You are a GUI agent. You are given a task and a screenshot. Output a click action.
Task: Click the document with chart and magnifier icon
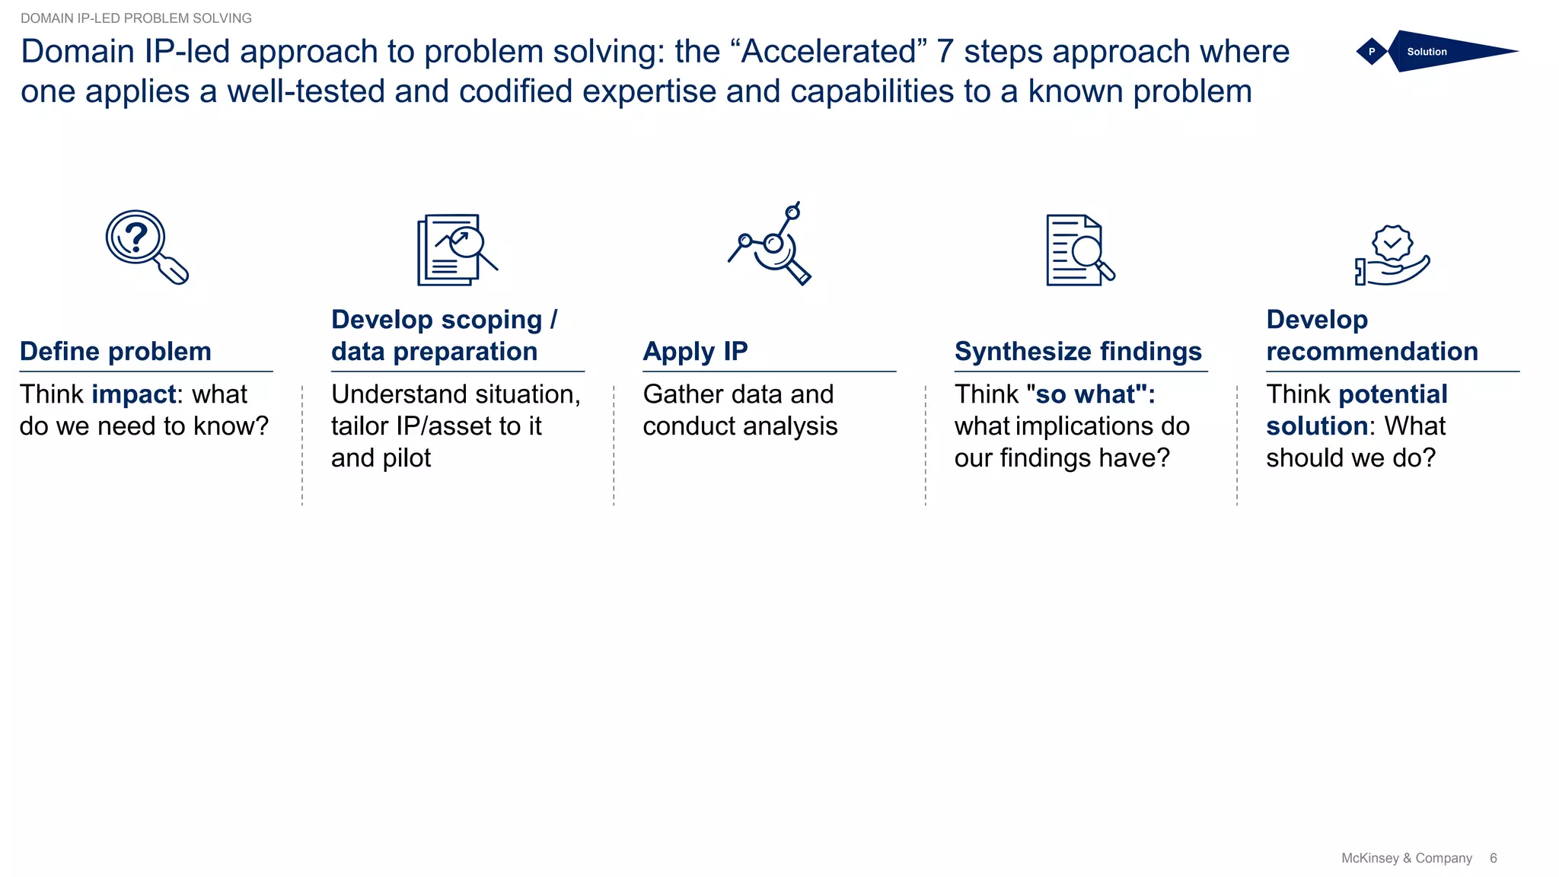click(456, 250)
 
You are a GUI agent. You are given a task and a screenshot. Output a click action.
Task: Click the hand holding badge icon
click(1392, 256)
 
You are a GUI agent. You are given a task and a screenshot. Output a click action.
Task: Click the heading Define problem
click(116, 351)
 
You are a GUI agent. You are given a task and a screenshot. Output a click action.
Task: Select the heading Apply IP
click(695, 351)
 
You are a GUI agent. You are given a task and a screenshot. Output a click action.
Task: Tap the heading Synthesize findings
click(1078, 351)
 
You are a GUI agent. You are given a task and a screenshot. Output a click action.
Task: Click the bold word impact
click(134, 394)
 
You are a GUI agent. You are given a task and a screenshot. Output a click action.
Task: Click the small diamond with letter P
click(1372, 52)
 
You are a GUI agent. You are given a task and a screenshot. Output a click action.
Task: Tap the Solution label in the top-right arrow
click(1427, 52)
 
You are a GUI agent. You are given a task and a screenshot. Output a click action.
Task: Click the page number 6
click(1493, 858)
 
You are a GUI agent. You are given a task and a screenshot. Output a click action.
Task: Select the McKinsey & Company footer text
click(1406, 858)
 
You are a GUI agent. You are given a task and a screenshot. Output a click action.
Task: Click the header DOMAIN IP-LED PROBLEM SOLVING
click(135, 18)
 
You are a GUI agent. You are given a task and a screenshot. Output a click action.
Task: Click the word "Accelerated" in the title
click(828, 52)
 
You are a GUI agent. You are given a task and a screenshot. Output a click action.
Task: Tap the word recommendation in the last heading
click(1372, 351)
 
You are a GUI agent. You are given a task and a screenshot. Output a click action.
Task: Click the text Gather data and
click(738, 394)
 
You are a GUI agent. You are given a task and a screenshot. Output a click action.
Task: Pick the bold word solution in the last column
click(1316, 426)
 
